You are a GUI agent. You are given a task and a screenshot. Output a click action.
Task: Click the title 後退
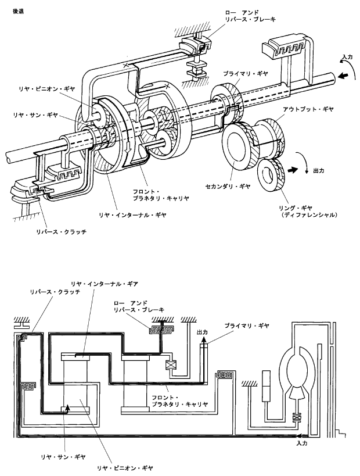point(18,12)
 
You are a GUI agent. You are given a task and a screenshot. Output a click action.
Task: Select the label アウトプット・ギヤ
point(308,109)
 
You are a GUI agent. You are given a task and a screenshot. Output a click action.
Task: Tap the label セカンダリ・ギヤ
point(228,187)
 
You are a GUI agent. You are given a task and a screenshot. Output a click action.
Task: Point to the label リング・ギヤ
point(296,208)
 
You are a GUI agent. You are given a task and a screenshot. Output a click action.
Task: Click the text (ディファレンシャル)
point(309,215)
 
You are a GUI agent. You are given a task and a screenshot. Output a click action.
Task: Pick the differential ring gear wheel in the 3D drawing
point(270,176)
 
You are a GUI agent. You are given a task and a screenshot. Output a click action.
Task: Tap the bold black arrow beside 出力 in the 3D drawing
point(293,170)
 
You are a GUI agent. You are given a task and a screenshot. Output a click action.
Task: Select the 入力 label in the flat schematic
point(302,443)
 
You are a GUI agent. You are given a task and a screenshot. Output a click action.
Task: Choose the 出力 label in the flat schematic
point(202,332)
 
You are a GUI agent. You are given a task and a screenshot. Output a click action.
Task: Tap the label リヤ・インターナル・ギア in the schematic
point(105,284)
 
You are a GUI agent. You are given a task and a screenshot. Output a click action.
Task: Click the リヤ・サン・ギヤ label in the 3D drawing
point(35,115)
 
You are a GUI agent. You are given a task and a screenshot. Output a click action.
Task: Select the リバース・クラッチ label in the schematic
point(55,292)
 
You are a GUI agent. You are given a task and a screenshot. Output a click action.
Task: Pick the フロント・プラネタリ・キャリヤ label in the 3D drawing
point(161,195)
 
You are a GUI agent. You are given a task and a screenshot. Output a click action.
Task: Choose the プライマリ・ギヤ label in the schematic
point(247,325)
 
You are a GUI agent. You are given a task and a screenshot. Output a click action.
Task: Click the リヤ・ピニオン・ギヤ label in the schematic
point(125,468)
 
